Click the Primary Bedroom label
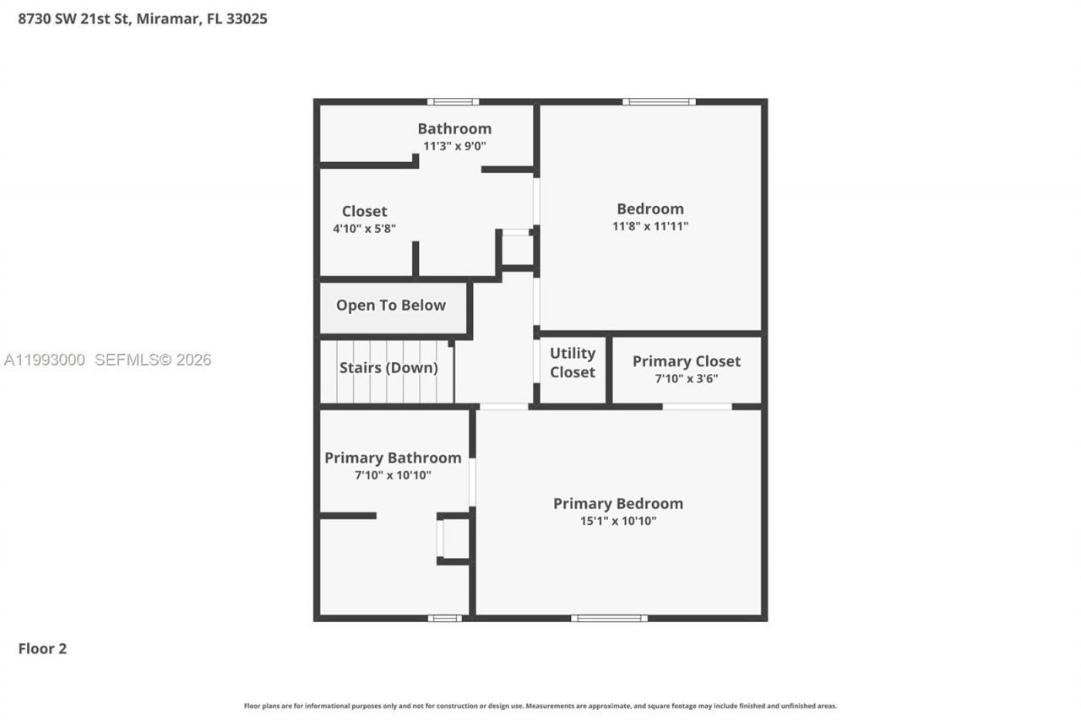coord(617,503)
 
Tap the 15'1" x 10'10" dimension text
coord(617,521)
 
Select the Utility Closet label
coord(572,362)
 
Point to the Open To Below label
coord(390,305)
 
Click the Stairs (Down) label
coord(388,367)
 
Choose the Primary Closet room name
coord(686,360)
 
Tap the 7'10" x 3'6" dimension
coord(686,378)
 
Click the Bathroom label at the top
coord(454,128)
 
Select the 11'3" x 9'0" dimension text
coord(454,145)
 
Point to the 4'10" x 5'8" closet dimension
coord(364,228)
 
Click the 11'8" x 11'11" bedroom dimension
coord(649,226)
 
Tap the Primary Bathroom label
coord(393,457)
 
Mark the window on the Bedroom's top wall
coord(659,102)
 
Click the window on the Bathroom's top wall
coord(453,102)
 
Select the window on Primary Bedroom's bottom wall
coord(609,618)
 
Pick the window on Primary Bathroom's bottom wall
coord(444,618)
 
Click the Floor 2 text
coord(42,648)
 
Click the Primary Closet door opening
coord(697,407)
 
